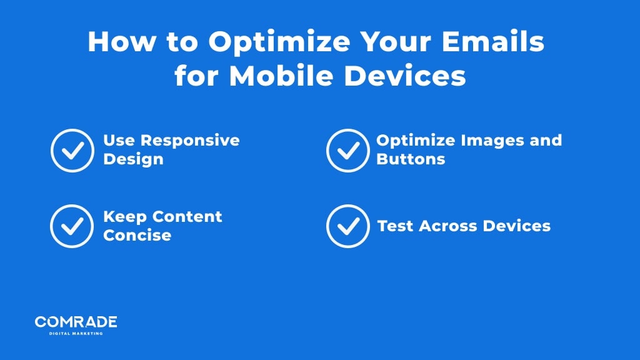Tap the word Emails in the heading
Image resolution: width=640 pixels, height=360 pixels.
coord(493,41)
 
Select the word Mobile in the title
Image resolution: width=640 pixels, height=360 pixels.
coord(282,76)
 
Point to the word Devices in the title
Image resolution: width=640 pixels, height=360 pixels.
coord(405,76)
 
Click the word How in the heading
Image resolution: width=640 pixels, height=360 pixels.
coord(122,41)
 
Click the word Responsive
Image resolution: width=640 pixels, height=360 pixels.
coord(190,141)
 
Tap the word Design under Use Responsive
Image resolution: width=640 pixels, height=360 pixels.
coord(134,159)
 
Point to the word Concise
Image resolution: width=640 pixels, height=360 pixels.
coord(137,235)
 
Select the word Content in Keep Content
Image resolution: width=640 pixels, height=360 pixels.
coord(187,216)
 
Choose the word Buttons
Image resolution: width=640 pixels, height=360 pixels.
coord(411,159)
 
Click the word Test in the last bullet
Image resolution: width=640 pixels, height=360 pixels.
coord(395,226)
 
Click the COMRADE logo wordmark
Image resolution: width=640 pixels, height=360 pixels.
coord(76,322)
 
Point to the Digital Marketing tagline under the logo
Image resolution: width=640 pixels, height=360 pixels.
coord(76,334)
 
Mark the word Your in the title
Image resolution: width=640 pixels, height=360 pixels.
coord(396,41)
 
